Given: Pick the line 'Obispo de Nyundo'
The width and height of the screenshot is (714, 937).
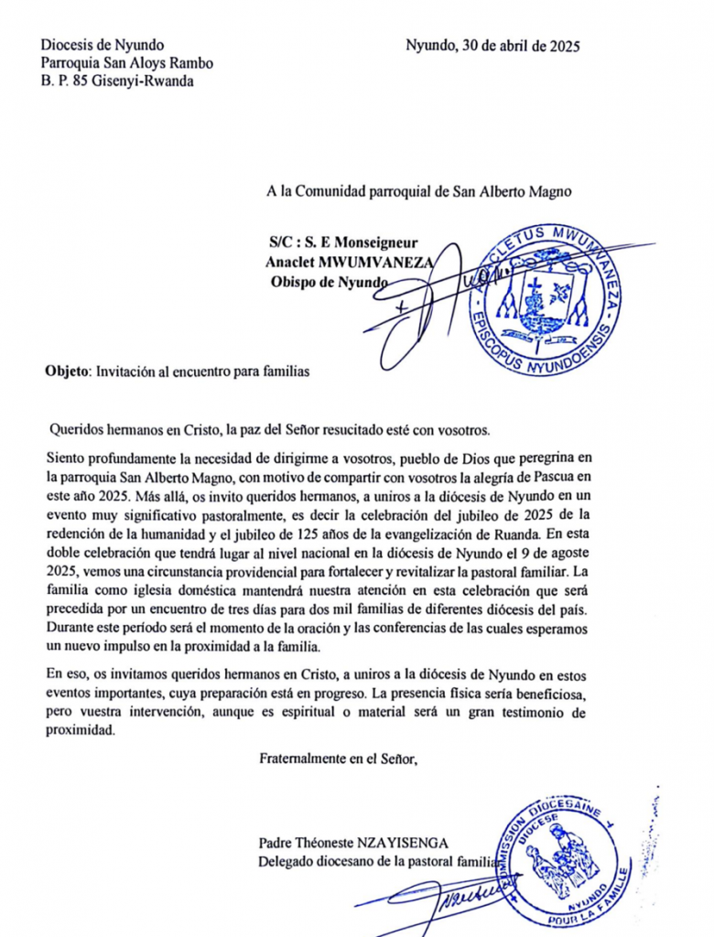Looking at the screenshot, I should coord(325,281).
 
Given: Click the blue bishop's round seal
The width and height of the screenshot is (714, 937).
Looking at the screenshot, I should coord(546,295).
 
